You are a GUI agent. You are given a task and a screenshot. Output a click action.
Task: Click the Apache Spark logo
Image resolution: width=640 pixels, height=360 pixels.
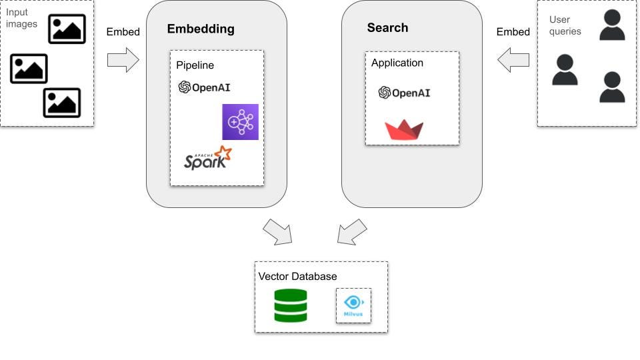(x=207, y=159)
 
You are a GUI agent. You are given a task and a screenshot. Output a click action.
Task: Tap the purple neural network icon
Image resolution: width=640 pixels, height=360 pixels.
(x=240, y=122)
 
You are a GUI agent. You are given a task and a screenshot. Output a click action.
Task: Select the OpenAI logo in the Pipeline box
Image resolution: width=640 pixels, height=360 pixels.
(x=204, y=87)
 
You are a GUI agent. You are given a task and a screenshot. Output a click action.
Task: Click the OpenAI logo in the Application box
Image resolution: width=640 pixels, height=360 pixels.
(x=404, y=93)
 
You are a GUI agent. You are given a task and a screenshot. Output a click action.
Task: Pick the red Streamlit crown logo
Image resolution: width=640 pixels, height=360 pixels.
(x=404, y=129)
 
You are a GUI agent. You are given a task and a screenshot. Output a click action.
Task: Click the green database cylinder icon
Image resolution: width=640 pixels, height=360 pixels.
(x=291, y=305)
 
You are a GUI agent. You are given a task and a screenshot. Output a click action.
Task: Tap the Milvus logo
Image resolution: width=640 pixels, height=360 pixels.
(x=353, y=305)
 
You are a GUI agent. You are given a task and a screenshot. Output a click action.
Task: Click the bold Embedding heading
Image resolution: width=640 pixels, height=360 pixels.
(x=201, y=29)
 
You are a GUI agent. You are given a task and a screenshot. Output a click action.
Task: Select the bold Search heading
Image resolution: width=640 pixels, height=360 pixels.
(x=387, y=28)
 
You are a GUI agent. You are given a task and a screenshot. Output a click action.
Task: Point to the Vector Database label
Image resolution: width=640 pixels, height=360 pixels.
(x=297, y=276)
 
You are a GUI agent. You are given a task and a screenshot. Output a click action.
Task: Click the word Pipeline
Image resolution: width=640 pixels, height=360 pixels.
(x=195, y=65)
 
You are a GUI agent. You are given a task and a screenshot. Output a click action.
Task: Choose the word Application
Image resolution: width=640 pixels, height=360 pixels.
(x=397, y=63)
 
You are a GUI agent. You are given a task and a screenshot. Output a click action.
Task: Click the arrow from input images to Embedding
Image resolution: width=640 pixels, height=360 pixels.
(x=123, y=60)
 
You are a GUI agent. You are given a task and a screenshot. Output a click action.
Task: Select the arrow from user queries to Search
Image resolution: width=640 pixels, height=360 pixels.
(x=513, y=60)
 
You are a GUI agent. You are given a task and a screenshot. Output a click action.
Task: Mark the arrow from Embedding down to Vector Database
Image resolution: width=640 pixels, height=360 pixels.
(x=277, y=231)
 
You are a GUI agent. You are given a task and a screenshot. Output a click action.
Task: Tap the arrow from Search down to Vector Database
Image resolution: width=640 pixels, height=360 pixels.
(x=352, y=231)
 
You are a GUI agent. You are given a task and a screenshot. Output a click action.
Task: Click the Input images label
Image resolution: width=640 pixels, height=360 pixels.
(x=17, y=18)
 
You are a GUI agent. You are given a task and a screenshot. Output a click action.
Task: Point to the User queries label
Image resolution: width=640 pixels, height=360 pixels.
(x=565, y=25)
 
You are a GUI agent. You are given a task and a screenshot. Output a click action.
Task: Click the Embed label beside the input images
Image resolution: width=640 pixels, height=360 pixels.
(x=123, y=32)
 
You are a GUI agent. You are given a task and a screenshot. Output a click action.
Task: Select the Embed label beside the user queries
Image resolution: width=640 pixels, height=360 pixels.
(x=513, y=32)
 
